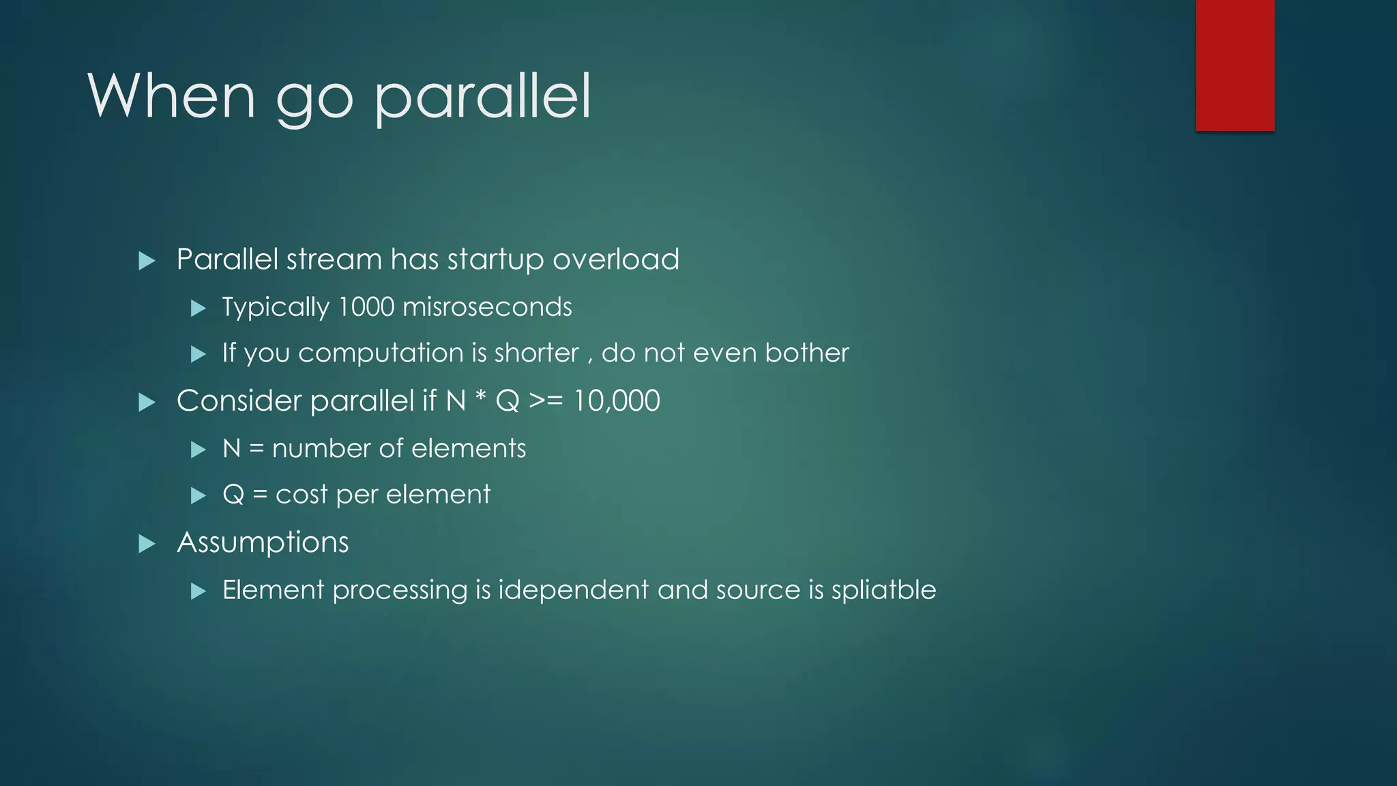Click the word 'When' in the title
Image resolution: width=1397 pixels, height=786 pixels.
tap(171, 96)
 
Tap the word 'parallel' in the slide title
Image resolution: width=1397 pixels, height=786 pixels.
tap(482, 98)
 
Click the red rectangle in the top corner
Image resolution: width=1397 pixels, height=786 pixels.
tap(1235, 65)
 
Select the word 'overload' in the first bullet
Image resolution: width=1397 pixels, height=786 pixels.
tap(615, 260)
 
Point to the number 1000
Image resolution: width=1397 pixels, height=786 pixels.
tap(366, 307)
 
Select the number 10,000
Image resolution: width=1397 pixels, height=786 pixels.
tap(616, 401)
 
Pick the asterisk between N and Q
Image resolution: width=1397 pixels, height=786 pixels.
tap(480, 398)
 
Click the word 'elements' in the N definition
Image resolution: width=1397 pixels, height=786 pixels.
tap(469, 449)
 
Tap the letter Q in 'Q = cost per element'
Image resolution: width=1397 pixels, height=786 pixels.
tap(233, 495)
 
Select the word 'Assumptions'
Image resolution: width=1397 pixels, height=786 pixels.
tap(263, 543)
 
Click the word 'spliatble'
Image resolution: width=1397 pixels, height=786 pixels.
tap(883, 590)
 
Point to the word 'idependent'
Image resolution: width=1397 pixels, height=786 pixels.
tap(573, 590)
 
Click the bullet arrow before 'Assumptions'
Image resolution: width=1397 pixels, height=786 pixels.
tap(147, 544)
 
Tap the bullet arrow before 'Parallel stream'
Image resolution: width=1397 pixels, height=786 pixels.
tap(147, 261)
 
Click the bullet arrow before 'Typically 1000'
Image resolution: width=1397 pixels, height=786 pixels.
tap(198, 308)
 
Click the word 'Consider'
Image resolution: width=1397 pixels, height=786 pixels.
tap(239, 401)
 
